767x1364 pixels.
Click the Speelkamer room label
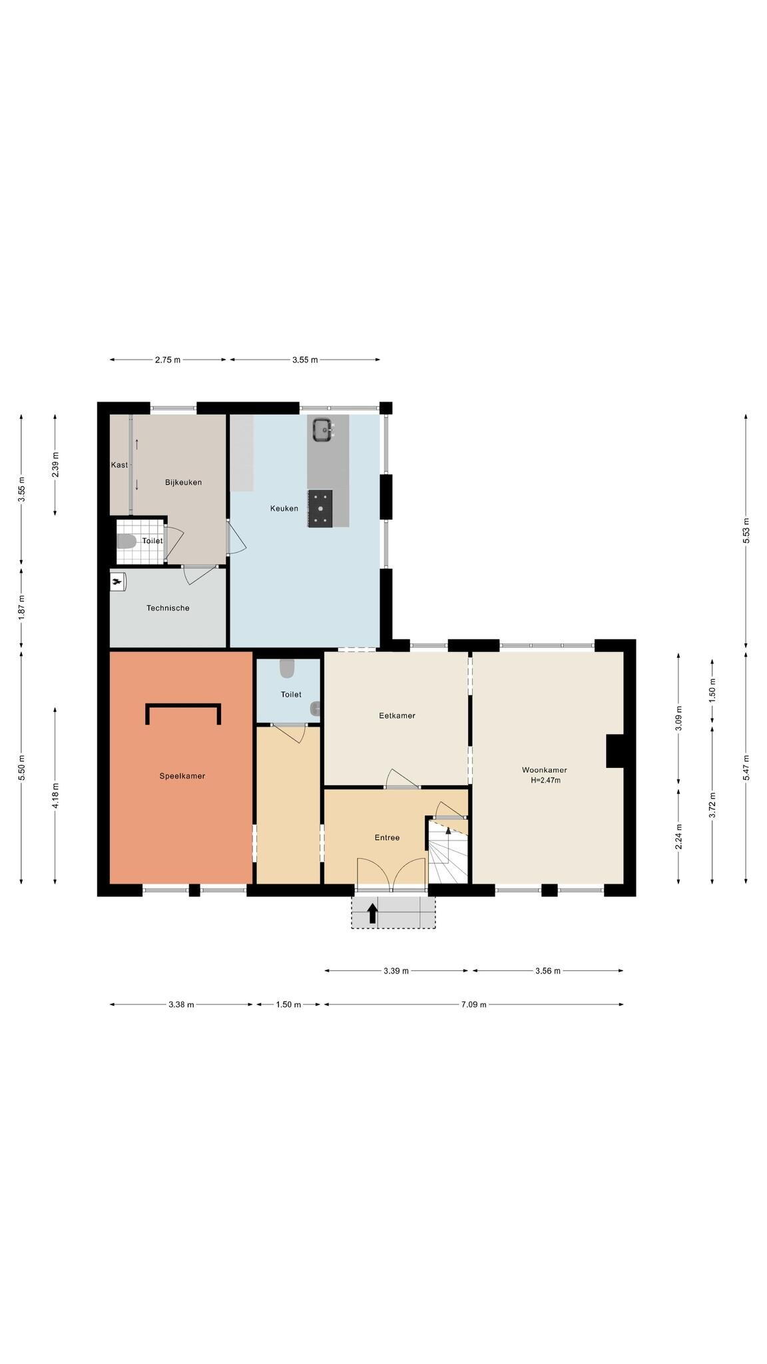point(182,776)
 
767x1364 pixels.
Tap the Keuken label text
point(284,508)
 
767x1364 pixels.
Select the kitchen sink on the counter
point(323,429)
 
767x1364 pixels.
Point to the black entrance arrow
point(372,913)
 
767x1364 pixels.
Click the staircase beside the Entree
point(448,852)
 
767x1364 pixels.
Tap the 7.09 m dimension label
point(473,1004)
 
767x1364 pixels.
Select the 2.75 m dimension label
point(168,360)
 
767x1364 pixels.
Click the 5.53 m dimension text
point(746,531)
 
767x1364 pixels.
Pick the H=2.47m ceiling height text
point(545,780)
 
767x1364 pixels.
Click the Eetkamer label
point(397,716)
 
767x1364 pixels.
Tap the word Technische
point(168,608)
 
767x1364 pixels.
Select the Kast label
point(119,465)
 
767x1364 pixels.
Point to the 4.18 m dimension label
point(55,795)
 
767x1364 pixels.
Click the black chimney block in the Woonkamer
point(615,751)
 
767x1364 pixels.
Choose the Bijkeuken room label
point(183,482)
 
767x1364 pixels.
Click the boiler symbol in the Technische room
point(118,581)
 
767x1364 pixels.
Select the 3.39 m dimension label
point(396,971)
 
